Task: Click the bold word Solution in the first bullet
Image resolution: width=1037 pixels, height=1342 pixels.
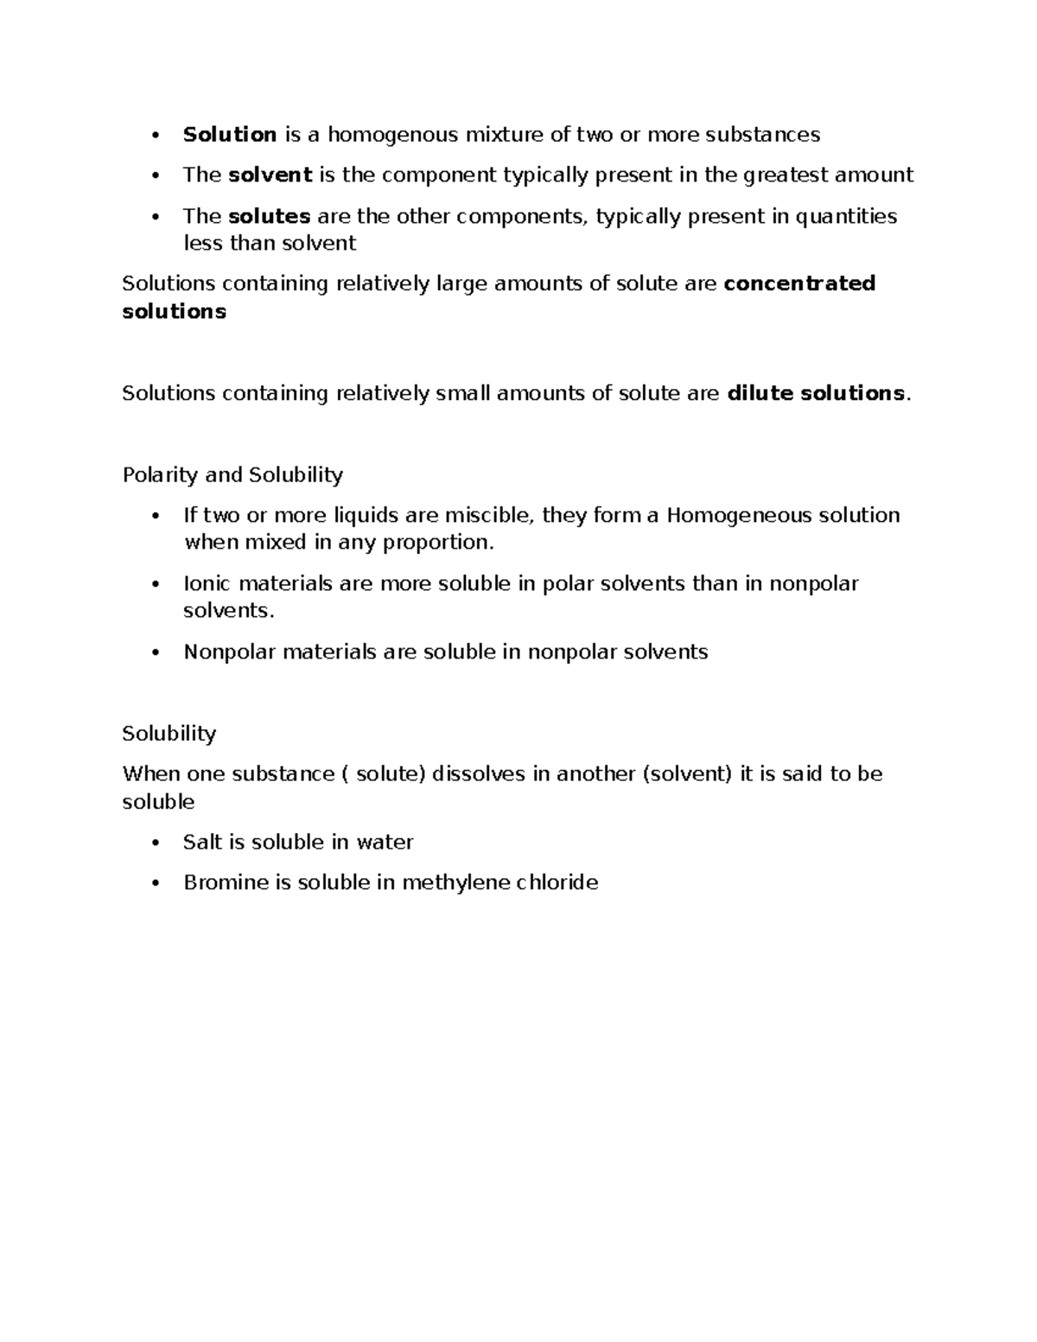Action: click(229, 134)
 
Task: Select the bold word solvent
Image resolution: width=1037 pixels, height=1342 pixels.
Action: click(270, 175)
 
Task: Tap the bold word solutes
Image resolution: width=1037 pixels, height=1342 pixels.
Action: click(269, 216)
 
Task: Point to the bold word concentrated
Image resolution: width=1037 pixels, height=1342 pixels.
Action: click(799, 283)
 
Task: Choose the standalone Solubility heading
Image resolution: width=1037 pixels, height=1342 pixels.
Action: click(169, 734)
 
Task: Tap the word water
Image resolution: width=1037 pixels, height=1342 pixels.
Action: click(385, 842)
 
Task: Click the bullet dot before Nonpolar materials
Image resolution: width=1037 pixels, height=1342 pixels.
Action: click(156, 652)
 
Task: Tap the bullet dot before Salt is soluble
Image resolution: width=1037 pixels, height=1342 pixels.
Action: click(156, 843)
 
